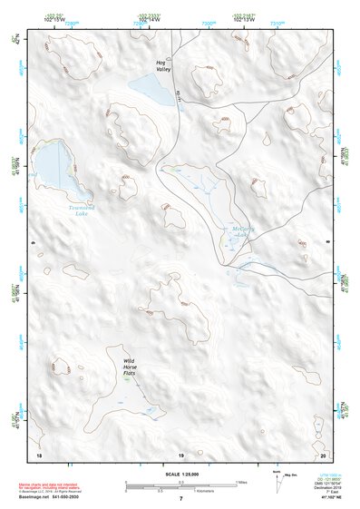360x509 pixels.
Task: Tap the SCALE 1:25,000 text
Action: click(x=180, y=475)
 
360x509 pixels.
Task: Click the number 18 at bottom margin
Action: click(x=38, y=454)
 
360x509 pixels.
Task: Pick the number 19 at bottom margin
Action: click(x=180, y=454)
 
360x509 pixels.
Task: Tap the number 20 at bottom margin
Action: click(x=323, y=454)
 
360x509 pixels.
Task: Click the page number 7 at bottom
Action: click(x=180, y=498)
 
